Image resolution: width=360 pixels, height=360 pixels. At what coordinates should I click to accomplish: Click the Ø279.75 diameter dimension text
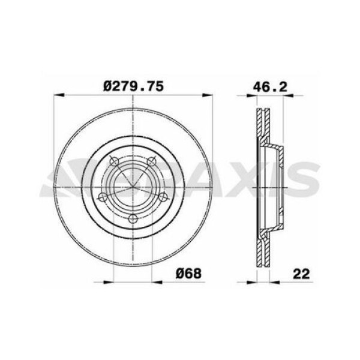[133, 86]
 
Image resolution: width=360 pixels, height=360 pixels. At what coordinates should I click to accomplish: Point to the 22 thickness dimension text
[302, 274]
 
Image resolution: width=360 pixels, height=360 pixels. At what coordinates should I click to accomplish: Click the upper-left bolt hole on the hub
[113, 161]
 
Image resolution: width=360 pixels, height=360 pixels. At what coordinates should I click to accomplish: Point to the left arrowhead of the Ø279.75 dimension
[58, 94]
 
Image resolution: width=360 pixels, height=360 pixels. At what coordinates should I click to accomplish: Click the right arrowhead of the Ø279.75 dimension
[207, 94]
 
